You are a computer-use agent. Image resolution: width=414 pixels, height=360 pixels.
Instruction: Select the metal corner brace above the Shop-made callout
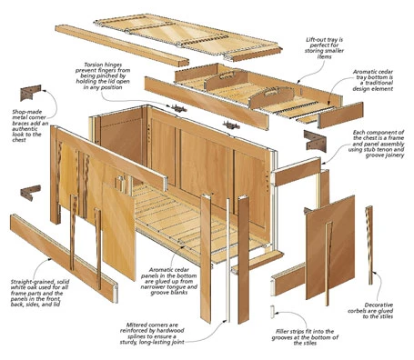click(x=32, y=93)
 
